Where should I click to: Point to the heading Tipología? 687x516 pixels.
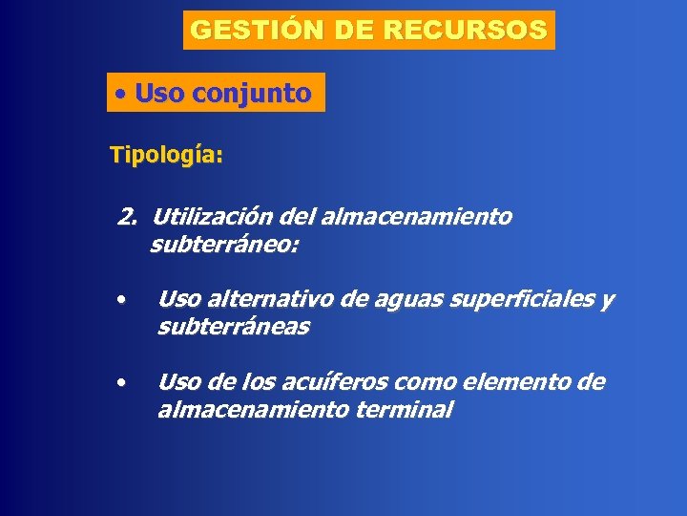point(166,155)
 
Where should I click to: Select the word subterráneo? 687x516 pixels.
point(224,246)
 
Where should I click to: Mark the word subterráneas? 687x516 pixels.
point(233,328)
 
